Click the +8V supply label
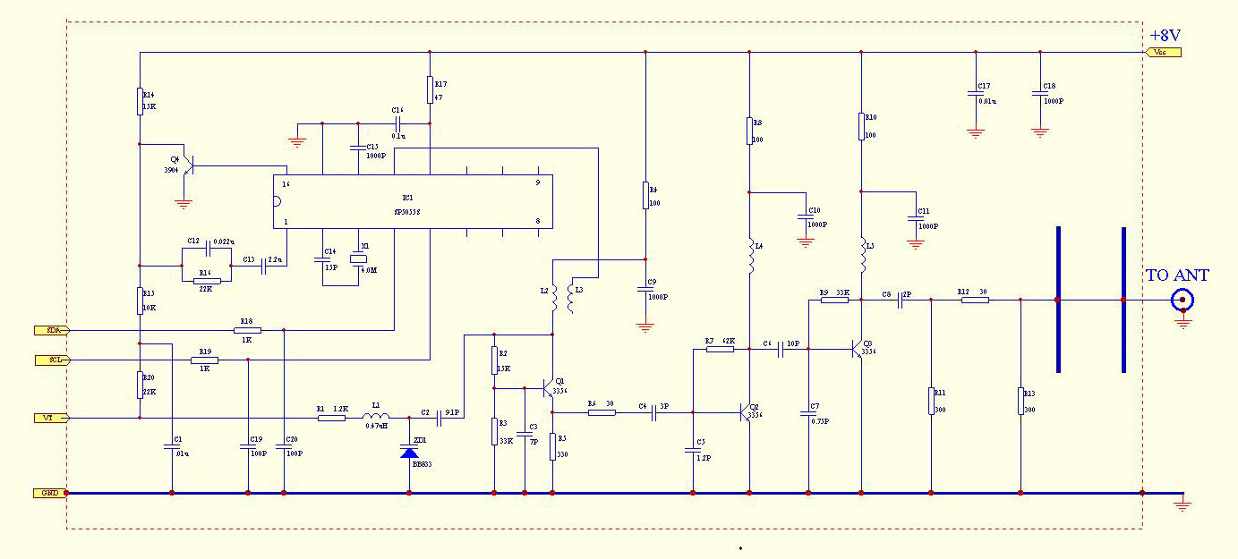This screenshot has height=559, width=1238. [x=1165, y=35]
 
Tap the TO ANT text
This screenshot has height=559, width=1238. [x=1177, y=275]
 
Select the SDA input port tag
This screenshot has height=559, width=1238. [x=50, y=330]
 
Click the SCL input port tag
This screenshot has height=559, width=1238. [x=50, y=360]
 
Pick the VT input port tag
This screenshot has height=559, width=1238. [x=49, y=418]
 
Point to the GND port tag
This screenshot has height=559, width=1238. [x=48, y=493]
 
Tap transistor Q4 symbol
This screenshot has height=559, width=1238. [x=187, y=165]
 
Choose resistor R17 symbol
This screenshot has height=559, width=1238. [x=430, y=89]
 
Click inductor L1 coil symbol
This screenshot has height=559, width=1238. [x=376, y=417]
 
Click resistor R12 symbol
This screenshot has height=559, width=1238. [x=975, y=301]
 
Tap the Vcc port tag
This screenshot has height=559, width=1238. [x=1163, y=52]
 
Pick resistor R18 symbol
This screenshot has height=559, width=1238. [x=247, y=330]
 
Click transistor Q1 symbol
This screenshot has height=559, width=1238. [x=550, y=389]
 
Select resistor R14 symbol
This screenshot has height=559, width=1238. [x=141, y=101]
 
